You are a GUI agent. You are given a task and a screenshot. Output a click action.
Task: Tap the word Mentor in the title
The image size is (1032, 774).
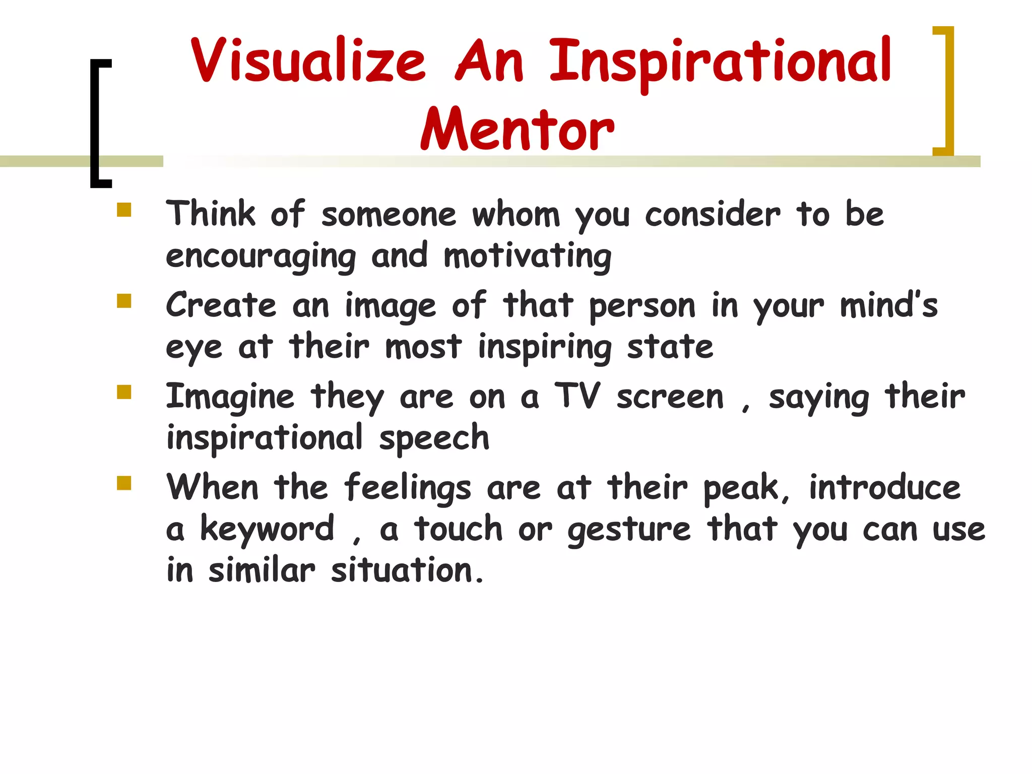(518, 130)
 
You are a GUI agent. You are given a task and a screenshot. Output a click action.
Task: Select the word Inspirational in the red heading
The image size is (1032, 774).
(720, 63)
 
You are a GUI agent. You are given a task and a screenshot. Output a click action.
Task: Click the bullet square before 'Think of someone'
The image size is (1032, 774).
(123, 210)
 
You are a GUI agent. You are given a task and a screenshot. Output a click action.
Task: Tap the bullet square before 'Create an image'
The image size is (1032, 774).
(123, 301)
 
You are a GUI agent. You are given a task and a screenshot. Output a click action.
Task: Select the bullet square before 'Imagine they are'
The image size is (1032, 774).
(123, 392)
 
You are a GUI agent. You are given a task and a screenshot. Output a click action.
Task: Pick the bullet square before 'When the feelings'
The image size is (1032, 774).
(123, 483)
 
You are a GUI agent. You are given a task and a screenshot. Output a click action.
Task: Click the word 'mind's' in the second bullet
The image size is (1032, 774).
(889, 306)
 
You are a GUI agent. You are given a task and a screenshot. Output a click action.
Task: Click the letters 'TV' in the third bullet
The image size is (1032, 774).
(577, 396)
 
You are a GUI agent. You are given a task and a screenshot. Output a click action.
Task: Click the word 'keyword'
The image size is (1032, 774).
(267, 529)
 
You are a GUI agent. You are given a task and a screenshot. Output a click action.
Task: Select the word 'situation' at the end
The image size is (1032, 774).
(401, 571)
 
